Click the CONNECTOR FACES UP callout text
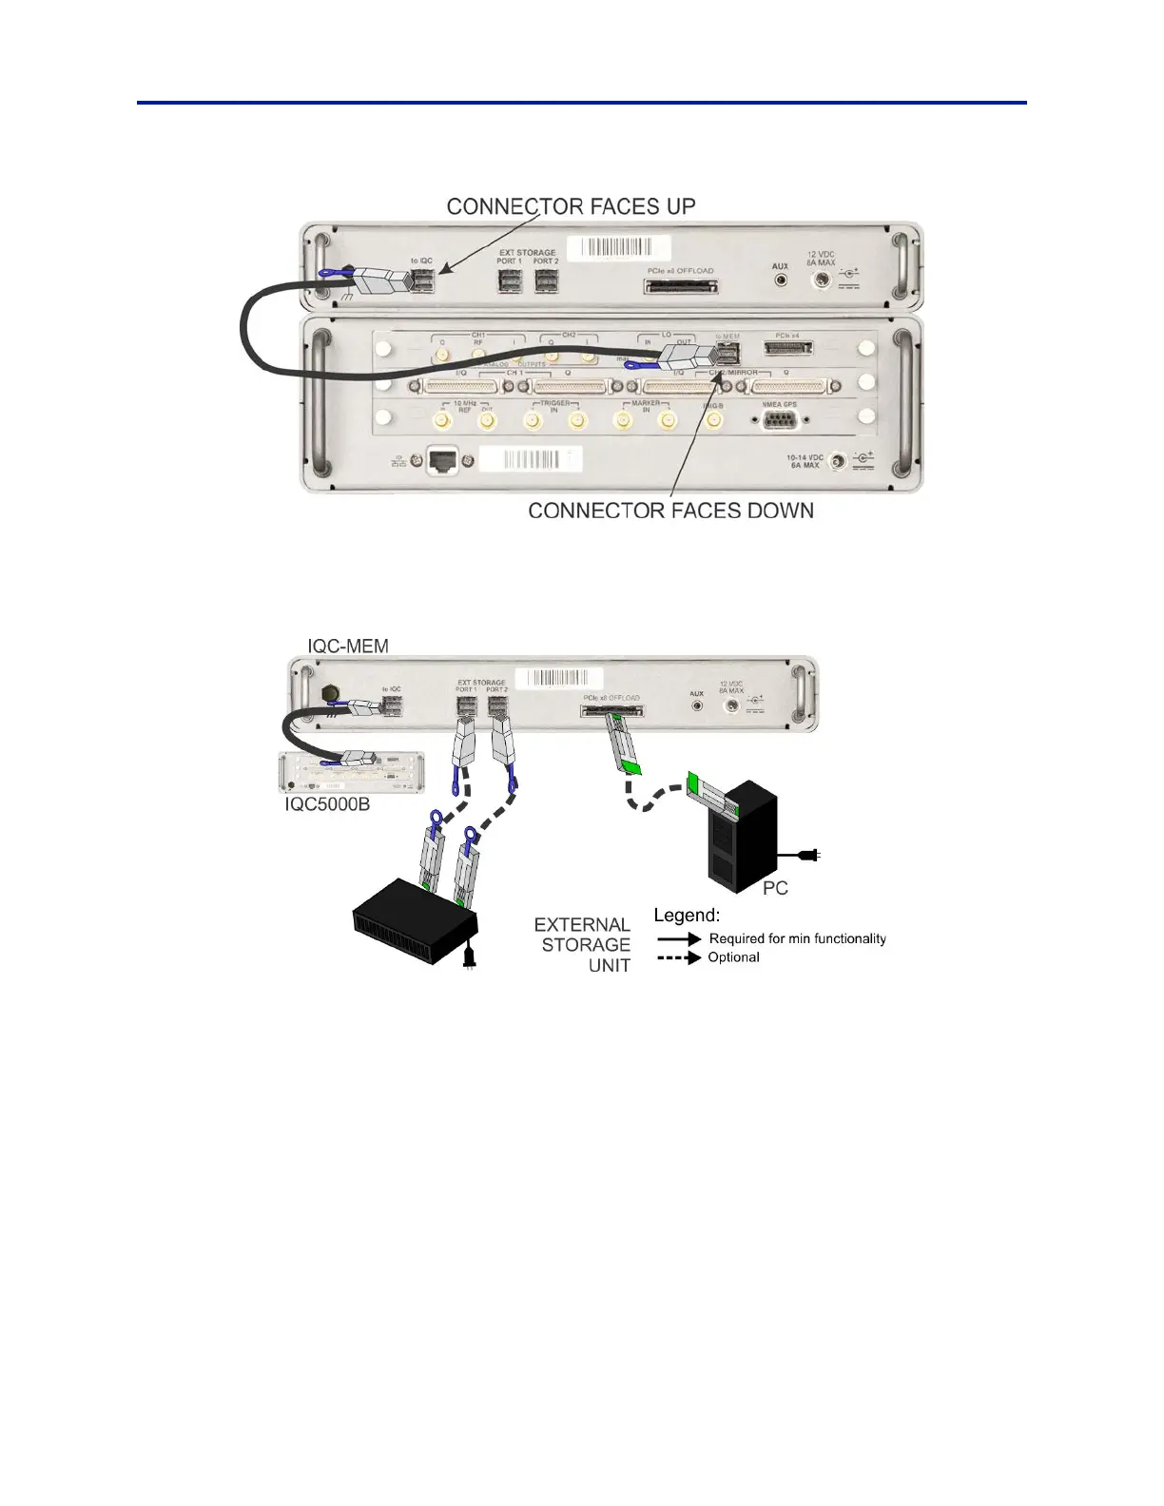click(571, 206)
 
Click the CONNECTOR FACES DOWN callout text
click(670, 511)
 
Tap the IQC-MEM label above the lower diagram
click(348, 647)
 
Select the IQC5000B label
click(328, 804)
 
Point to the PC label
click(775, 888)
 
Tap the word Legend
click(687, 916)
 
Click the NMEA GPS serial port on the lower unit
click(781, 418)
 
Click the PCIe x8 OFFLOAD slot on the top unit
click(681, 285)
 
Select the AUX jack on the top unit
click(781, 280)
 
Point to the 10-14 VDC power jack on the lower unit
click(838, 462)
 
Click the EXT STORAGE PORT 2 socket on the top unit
click(546, 280)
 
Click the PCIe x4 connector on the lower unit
click(788, 349)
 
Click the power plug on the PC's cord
click(810, 856)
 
